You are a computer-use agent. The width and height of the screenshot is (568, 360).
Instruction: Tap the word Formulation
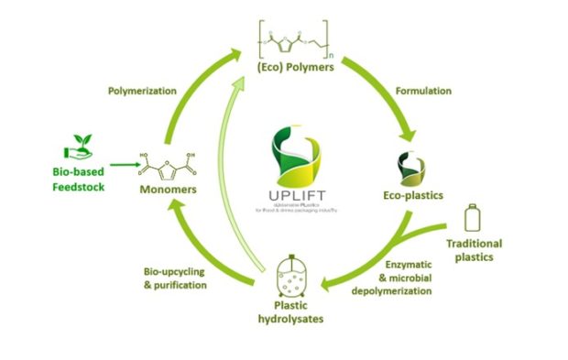pyautogui.click(x=422, y=92)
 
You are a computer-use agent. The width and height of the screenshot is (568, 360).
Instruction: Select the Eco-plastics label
pyautogui.click(x=412, y=195)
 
